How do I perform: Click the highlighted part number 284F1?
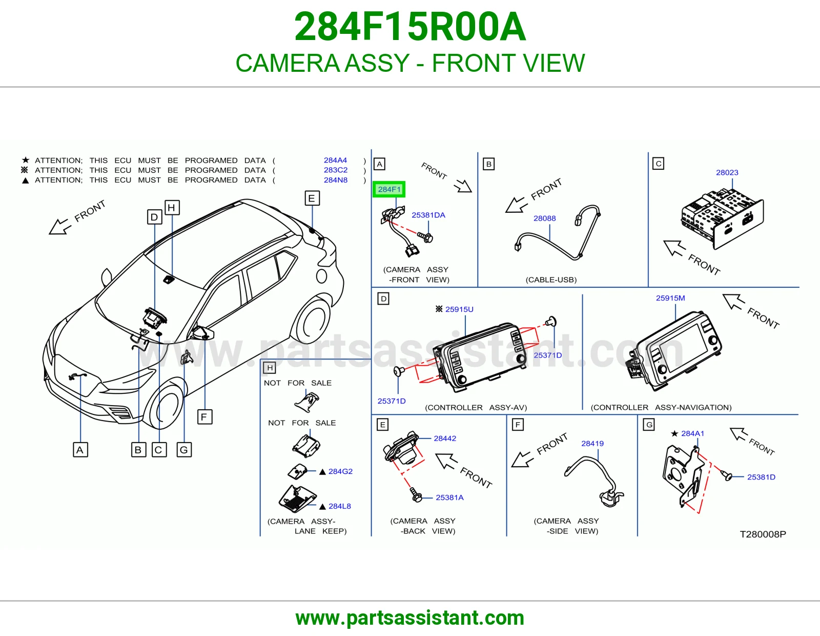pyautogui.click(x=389, y=189)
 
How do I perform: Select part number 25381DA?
pyautogui.click(x=428, y=215)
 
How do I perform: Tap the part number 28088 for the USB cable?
pyautogui.click(x=544, y=218)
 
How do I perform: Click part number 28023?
pyautogui.click(x=727, y=173)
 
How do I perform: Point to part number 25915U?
pyautogui.click(x=459, y=309)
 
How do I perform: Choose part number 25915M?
pyautogui.click(x=670, y=298)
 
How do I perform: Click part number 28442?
pyautogui.click(x=445, y=439)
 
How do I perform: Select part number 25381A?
pyautogui.click(x=450, y=498)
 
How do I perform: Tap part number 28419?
pyautogui.click(x=592, y=443)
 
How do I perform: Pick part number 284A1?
pyautogui.click(x=693, y=433)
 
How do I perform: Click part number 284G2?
pyautogui.click(x=340, y=471)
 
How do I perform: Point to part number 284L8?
pyautogui.click(x=340, y=506)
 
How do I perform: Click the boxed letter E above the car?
pyautogui.click(x=312, y=198)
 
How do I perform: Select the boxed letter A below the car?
pyautogui.click(x=80, y=450)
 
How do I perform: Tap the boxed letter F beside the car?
pyautogui.click(x=204, y=417)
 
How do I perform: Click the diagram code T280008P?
pyautogui.click(x=763, y=534)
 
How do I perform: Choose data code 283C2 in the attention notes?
pyautogui.click(x=336, y=170)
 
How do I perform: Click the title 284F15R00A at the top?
pyautogui.click(x=410, y=27)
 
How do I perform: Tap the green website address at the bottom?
pyautogui.click(x=410, y=618)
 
